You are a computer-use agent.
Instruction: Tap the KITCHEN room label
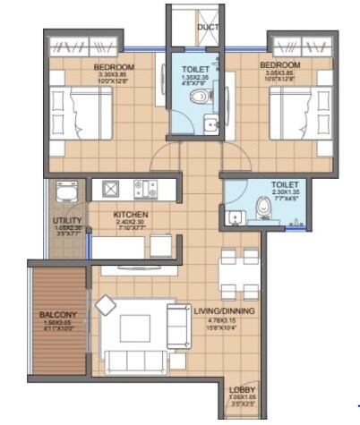tap(130, 215)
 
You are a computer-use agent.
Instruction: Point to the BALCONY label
tap(56, 315)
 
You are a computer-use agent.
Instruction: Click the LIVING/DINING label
tap(224, 310)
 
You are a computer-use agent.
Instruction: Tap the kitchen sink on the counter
tap(111, 189)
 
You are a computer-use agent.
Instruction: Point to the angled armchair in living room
tap(106, 305)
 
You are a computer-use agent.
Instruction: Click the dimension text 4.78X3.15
tap(224, 320)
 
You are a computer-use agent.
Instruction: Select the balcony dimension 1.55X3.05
tap(56, 324)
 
